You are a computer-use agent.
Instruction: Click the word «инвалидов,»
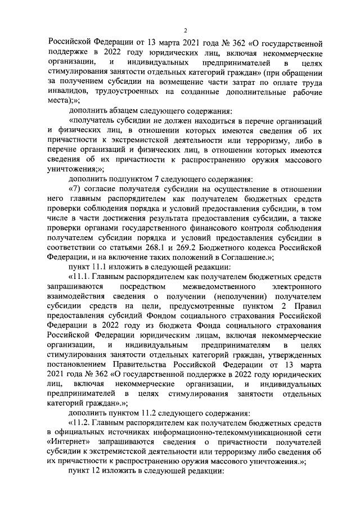(x=66, y=91)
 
